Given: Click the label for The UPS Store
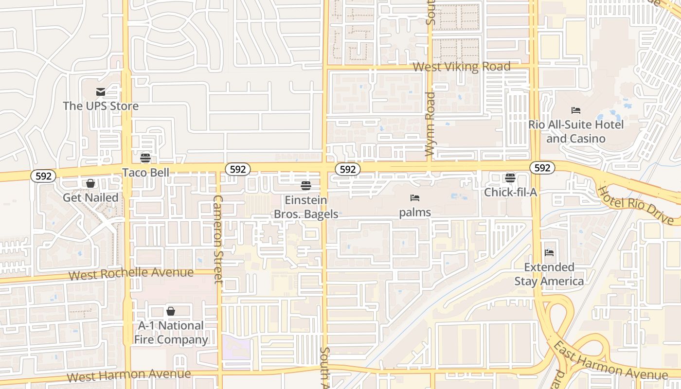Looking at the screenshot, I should [101, 106].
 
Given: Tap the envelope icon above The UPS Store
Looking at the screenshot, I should [101, 92].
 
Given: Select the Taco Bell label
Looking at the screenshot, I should [145, 173].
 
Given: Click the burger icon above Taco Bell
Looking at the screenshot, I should [145, 158].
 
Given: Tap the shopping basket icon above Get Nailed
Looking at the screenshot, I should [90, 183].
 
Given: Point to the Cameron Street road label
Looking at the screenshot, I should [218, 239].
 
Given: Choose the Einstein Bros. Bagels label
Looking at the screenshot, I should [306, 207].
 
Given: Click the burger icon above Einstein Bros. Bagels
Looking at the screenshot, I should [306, 185].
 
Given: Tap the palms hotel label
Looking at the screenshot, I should [415, 212].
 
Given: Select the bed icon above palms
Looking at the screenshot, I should [415, 198].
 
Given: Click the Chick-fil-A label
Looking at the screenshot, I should [510, 193].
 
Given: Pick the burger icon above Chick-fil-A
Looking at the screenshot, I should [510, 178].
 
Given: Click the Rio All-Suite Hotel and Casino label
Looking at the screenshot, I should [576, 131].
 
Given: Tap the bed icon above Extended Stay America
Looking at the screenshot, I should [549, 252].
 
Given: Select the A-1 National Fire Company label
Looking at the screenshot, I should [171, 333].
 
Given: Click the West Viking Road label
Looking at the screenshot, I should [462, 67].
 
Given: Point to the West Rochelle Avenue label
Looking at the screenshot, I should [131, 274].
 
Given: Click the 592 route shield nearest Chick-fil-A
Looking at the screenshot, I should [542, 168].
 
